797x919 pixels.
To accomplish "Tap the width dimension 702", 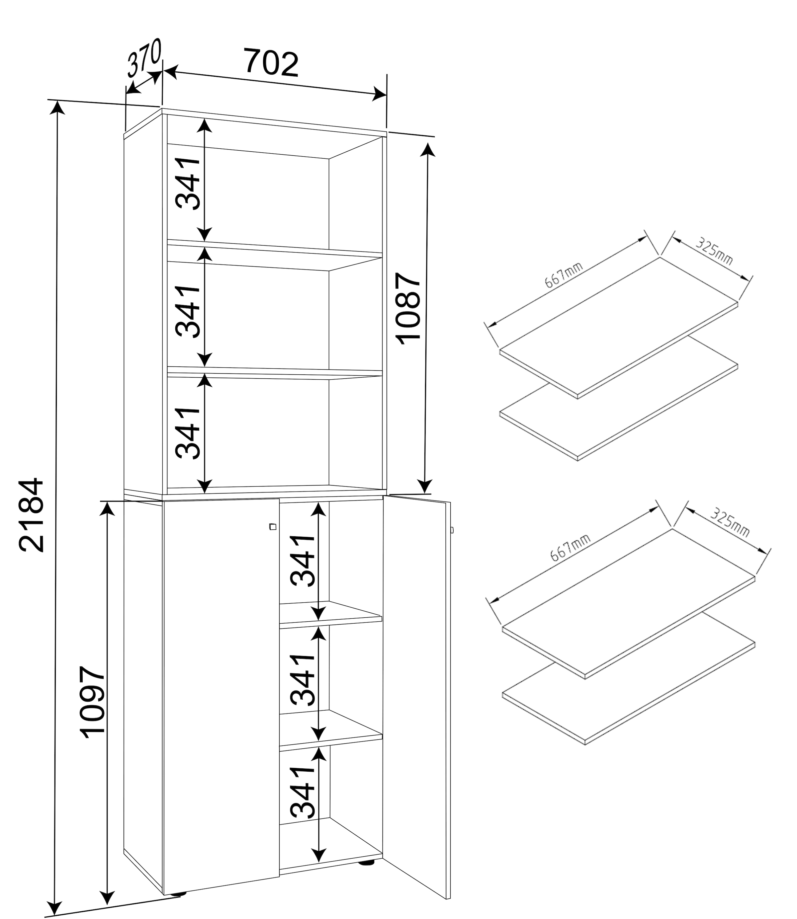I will [271, 63].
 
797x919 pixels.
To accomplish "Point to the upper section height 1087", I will [408, 309].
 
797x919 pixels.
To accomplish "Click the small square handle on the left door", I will [273, 527].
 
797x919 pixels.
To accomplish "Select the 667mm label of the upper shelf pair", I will [564, 275].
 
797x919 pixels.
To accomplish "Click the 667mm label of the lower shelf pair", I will [570, 548].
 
